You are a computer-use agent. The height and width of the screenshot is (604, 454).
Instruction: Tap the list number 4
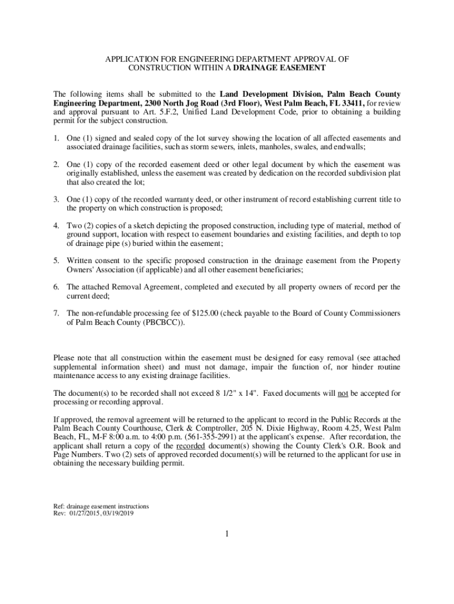(x=56, y=225)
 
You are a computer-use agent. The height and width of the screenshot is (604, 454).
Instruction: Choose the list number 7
(x=56, y=313)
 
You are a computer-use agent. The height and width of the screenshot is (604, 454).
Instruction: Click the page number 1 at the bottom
(x=226, y=534)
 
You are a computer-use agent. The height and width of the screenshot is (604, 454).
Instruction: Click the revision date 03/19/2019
(x=117, y=513)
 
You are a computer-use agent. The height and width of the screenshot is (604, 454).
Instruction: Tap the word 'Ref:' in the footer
(x=59, y=506)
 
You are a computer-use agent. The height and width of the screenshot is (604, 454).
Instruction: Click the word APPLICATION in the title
(x=133, y=60)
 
